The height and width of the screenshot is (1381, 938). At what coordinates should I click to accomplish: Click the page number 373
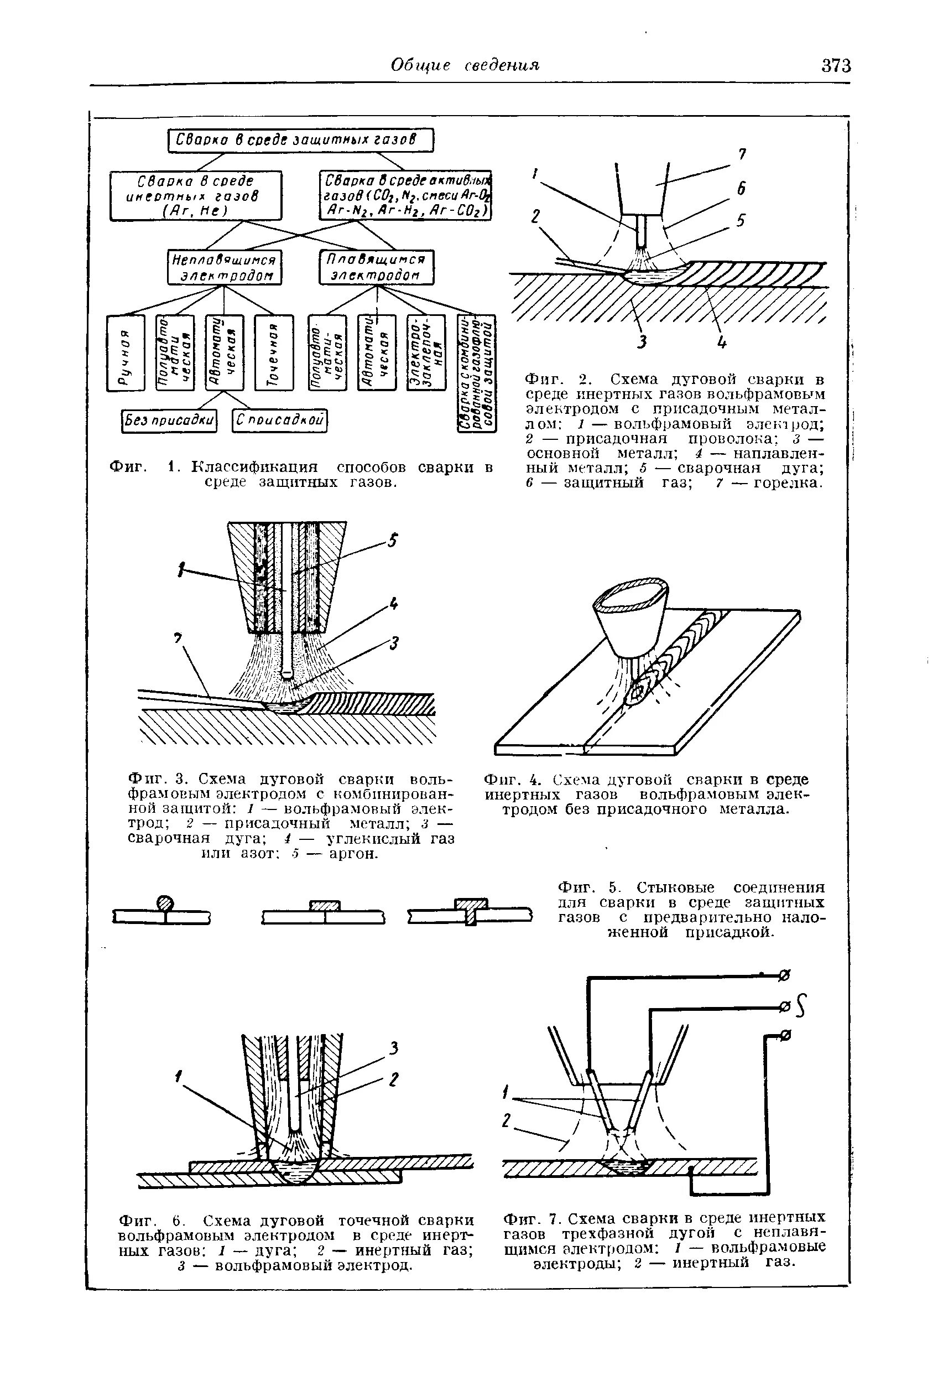[836, 66]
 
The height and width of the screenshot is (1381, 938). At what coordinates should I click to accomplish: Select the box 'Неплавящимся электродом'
[225, 267]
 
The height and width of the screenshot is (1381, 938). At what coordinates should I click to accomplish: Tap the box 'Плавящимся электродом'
[377, 267]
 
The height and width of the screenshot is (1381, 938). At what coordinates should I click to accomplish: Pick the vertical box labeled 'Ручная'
[126, 353]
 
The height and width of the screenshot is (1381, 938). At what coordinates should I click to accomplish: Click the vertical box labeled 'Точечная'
[274, 353]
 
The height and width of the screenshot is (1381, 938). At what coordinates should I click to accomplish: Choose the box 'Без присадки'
[169, 420]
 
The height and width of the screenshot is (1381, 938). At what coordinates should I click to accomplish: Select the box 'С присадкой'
[280, 420]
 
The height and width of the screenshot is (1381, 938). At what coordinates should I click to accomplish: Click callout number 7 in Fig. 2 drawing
[741, 154]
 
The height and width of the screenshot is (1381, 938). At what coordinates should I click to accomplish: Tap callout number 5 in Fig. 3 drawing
[392, 540]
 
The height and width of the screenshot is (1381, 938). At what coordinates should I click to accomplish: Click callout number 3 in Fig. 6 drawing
[393, 1049]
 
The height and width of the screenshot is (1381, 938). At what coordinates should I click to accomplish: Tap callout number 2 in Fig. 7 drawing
[506, 1120]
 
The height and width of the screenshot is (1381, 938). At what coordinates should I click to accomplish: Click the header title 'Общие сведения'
[465, 65]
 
